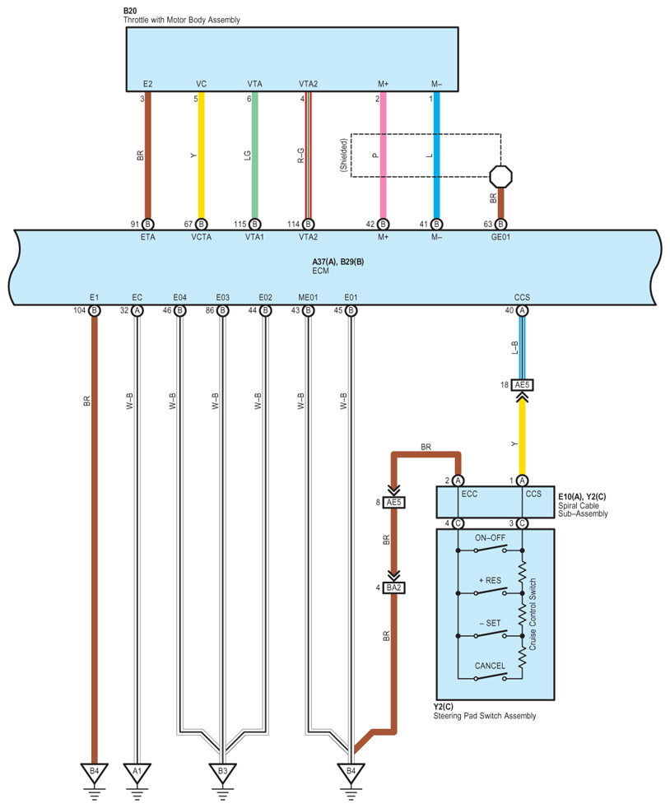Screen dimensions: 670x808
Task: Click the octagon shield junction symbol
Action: pos(500,176)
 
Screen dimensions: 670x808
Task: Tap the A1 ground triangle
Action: pos(137,772)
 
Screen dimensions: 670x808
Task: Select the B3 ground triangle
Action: pos(222,772)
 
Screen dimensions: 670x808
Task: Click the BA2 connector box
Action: pos(393,587)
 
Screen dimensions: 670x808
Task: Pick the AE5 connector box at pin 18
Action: pos(522,385)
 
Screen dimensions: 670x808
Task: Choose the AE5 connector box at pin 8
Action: pos(393,503)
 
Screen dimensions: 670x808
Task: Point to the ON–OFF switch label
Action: pos(490,538)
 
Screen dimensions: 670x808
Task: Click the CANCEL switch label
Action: pos(490,666)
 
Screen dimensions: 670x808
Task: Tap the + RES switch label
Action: pos(490,581)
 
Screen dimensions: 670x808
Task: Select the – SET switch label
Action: pos(490,623)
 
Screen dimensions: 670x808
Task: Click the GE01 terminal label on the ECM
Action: pos(500,237)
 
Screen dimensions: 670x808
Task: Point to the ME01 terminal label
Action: pos(308,297)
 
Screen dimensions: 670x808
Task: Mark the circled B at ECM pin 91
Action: pos(148,224)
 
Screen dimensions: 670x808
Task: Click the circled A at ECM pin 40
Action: pos(522,310)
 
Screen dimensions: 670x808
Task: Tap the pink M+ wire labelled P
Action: pos(383,156)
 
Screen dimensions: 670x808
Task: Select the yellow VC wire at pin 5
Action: pos(202,156)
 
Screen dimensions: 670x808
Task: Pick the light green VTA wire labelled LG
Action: pos(254,156)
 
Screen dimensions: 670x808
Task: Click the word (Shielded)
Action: pos(344,156)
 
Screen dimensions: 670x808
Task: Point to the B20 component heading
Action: pos(130,11)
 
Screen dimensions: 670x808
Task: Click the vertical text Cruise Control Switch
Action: pos(533,615)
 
